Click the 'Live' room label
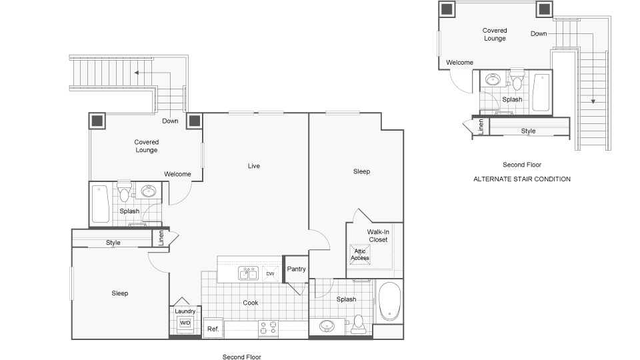click(x=253, y=165)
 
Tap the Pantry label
click(x=296, y=269)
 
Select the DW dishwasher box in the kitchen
click(x=270, y=273)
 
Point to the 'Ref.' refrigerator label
click(x=213, y=329)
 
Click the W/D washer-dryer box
click(x=185, y=323)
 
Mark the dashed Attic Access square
click(x=360, y=255)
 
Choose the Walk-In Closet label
click(x=377, y=235)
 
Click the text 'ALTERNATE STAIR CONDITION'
click(x=521, y=179)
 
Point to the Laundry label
click(x=185, y=311)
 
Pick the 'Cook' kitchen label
click(x=250, y=303)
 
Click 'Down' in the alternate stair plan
click(x=539, y=33)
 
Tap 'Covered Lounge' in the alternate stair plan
click(x=495, y=34)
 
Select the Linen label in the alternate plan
click(x=481, y=126)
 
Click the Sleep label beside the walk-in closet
click(x=361, y=171)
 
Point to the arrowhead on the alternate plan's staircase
click(x=592, y=102)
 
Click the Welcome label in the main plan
click(x=177, y=174)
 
